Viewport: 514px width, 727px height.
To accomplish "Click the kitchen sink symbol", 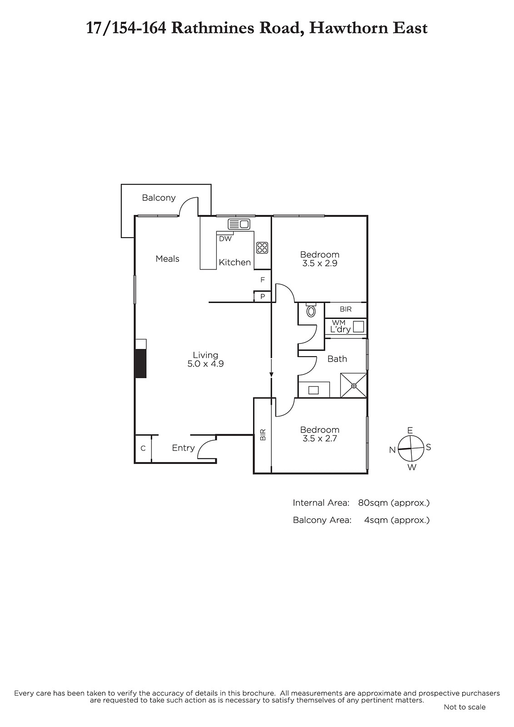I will pos(239,224).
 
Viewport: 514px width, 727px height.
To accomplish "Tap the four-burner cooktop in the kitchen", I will pos(262,248).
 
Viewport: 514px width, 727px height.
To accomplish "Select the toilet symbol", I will pos(311,311).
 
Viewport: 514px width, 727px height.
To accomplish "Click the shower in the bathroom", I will pos(354,385).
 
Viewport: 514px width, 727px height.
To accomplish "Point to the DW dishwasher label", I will pos(225,239).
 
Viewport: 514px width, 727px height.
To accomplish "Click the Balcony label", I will pos(159,198).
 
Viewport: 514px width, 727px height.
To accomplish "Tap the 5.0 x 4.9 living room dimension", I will pos(205,364).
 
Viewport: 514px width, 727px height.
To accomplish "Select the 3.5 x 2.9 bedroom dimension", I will pos(319,264).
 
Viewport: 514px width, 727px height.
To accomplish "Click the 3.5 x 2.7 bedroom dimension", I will pos(319,439).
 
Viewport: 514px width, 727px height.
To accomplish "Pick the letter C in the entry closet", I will pos(143,448).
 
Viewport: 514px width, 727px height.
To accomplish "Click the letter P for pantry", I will pos(262,297).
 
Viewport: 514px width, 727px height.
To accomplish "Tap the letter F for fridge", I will pos(262,280).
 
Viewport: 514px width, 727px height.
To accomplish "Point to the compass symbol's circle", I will pos(410,448).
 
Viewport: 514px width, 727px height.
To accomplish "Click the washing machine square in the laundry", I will pos(358,327).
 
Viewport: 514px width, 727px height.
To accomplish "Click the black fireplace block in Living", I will pos(140,363).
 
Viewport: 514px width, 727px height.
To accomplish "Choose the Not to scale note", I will pos(464,707).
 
